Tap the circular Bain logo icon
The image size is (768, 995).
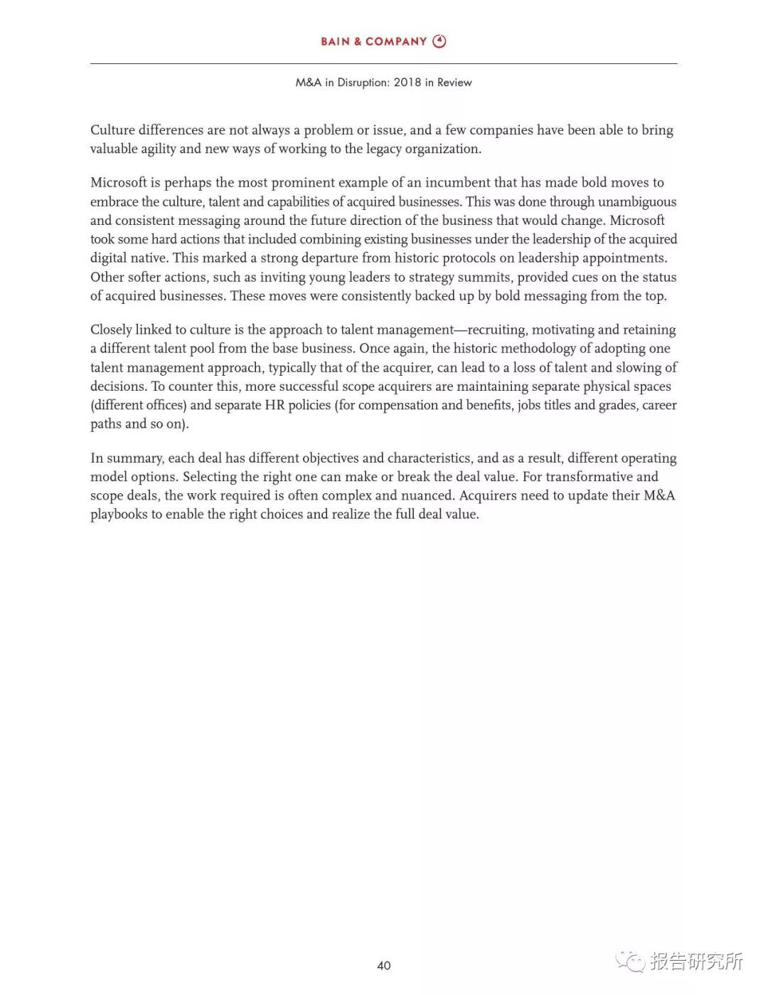click(x=439, y=41)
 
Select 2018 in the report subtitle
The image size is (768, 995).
click(x=407, y=83)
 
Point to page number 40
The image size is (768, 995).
click(x=384, y=966)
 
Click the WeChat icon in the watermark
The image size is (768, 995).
click(x=630, y=962)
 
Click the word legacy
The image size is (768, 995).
click(x=386, y=149)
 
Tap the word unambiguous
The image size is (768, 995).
click(x=637, y=201)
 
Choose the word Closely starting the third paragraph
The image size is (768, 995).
click(x=111, y=330)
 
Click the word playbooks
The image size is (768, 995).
click(x=119, y=514)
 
